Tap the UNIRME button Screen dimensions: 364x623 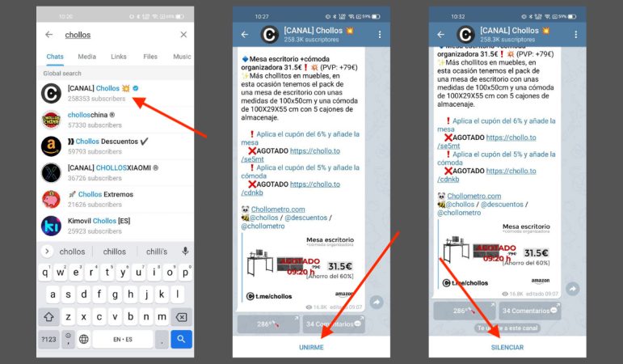311,346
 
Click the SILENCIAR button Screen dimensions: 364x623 507,346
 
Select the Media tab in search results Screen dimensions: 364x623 86,57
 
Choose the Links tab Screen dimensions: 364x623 119,57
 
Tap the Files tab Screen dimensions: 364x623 150,57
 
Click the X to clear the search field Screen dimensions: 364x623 183,35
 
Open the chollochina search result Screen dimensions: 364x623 113,120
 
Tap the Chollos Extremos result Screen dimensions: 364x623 113,199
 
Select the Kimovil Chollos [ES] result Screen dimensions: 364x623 113,225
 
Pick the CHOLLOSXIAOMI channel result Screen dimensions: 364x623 113,172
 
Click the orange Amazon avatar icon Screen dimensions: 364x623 52,146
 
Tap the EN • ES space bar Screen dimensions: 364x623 123,339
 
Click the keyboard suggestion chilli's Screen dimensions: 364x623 157,252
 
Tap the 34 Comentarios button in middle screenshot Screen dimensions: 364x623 334,324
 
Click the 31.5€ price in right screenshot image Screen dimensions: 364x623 536,252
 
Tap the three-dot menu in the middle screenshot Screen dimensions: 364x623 380,35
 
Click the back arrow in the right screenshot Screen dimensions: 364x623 442,35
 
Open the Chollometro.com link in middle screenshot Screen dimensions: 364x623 278,209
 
